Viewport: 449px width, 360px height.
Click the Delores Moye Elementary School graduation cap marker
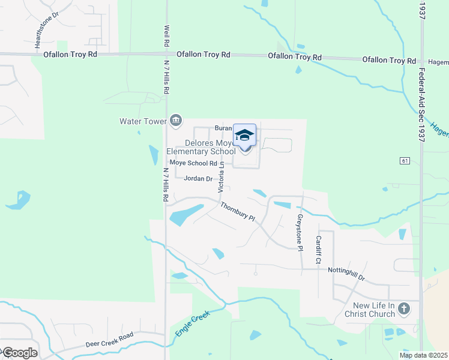click(244, 136)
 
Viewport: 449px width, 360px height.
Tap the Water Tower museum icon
click(176, 121)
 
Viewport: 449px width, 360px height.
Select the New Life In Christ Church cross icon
click(405, 309)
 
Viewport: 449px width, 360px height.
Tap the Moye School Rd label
click(193, 163)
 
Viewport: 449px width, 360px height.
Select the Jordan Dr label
click(198, 179)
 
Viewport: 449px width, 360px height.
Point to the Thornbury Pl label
click(237, 212)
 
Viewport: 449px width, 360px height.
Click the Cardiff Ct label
click(319, 250)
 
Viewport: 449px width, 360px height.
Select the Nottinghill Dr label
click(346, 274)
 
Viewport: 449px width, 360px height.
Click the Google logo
click(19, 353)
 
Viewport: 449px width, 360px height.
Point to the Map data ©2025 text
click(423, 355)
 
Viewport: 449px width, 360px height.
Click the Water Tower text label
click(143, 121)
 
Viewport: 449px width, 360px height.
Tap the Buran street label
click(223, 128)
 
